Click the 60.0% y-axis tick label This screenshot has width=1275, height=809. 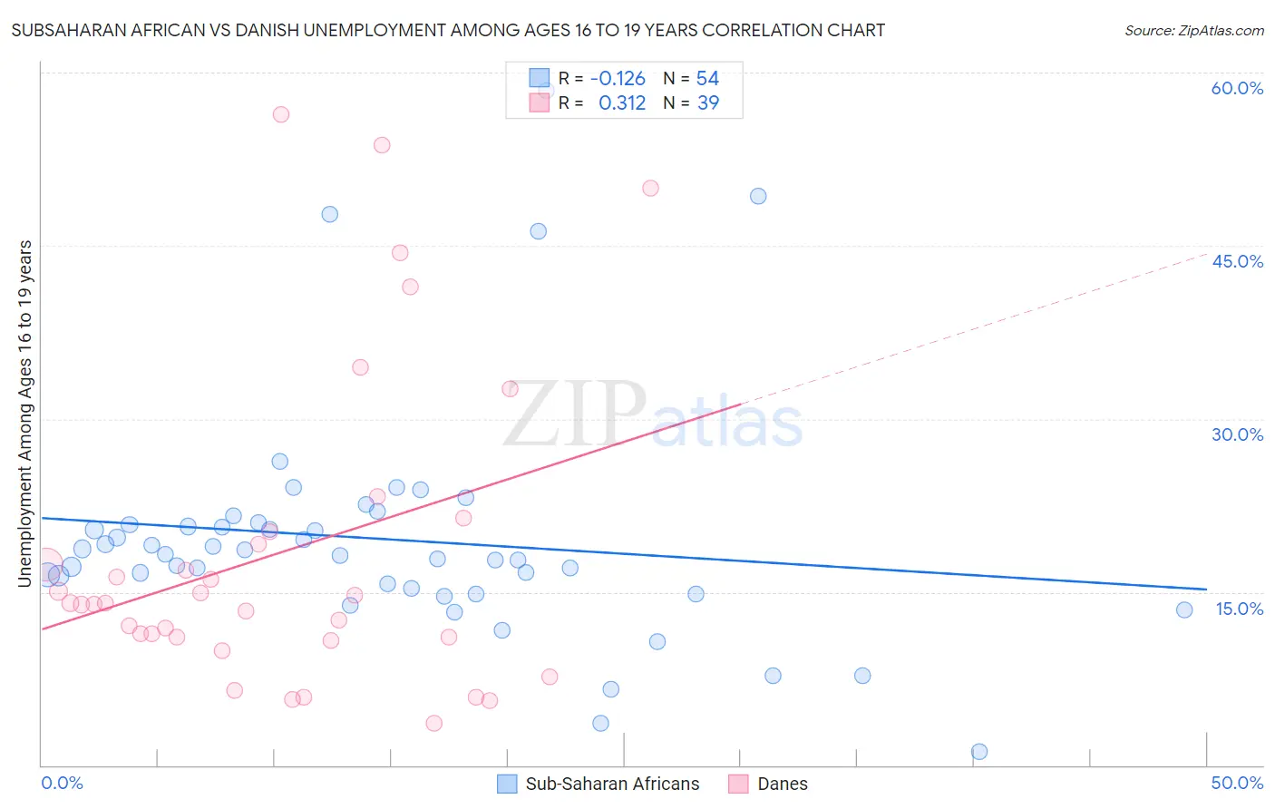(1237, 88)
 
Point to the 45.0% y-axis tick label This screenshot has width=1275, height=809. (1237, 261)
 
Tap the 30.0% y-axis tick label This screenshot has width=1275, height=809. (1237, 434)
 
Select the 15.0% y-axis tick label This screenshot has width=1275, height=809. (1239, 609)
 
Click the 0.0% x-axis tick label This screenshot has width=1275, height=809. (62, 783)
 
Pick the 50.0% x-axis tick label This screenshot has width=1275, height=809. (1237, 783)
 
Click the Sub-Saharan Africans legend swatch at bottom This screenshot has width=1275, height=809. (507, 784)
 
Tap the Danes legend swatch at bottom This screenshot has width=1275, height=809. (738, 784)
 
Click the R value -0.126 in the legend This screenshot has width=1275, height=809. (618, 79)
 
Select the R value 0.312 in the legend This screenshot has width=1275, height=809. (622, 103)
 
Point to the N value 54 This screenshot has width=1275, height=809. (707, 79)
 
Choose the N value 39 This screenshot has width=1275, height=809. (707, 103)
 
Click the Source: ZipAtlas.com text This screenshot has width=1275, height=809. (1193, 31)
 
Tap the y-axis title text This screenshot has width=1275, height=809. (25, 414)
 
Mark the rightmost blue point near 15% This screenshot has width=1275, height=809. (1184, 609)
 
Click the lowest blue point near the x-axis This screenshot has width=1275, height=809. (979, 751)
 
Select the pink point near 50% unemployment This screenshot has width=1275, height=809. (650, 189)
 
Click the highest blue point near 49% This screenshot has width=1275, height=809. (758, 196)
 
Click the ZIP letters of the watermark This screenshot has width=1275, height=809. (573, 414)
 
